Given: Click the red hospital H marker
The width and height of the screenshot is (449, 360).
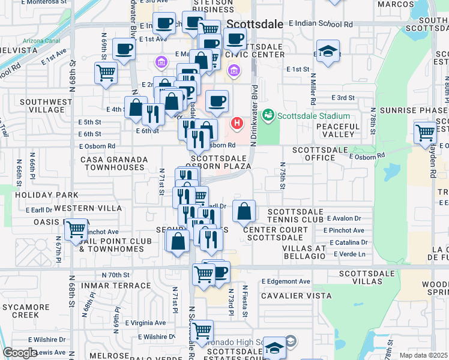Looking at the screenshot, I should point(237,124).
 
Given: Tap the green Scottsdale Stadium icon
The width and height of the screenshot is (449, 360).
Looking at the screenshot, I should point(268,114).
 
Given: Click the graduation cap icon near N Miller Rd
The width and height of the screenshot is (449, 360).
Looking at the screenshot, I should point(328,52).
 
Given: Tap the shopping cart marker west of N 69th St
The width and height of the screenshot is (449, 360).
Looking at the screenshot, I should point(106,73).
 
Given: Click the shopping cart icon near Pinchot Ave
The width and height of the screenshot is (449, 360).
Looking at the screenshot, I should point(76,229).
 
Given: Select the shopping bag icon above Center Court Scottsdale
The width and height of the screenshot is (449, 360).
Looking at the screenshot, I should point(244,211).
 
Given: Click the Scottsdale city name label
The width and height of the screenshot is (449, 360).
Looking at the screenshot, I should point(255,24).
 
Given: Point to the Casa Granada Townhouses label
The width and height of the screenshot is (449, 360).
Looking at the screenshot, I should point(116,163).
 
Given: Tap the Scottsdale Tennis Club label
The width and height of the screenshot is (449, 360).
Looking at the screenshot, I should point(295,215).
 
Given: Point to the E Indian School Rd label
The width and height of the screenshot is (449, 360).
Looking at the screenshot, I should point(320,25).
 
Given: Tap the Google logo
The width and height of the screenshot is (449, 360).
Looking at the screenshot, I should point(20,353).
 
